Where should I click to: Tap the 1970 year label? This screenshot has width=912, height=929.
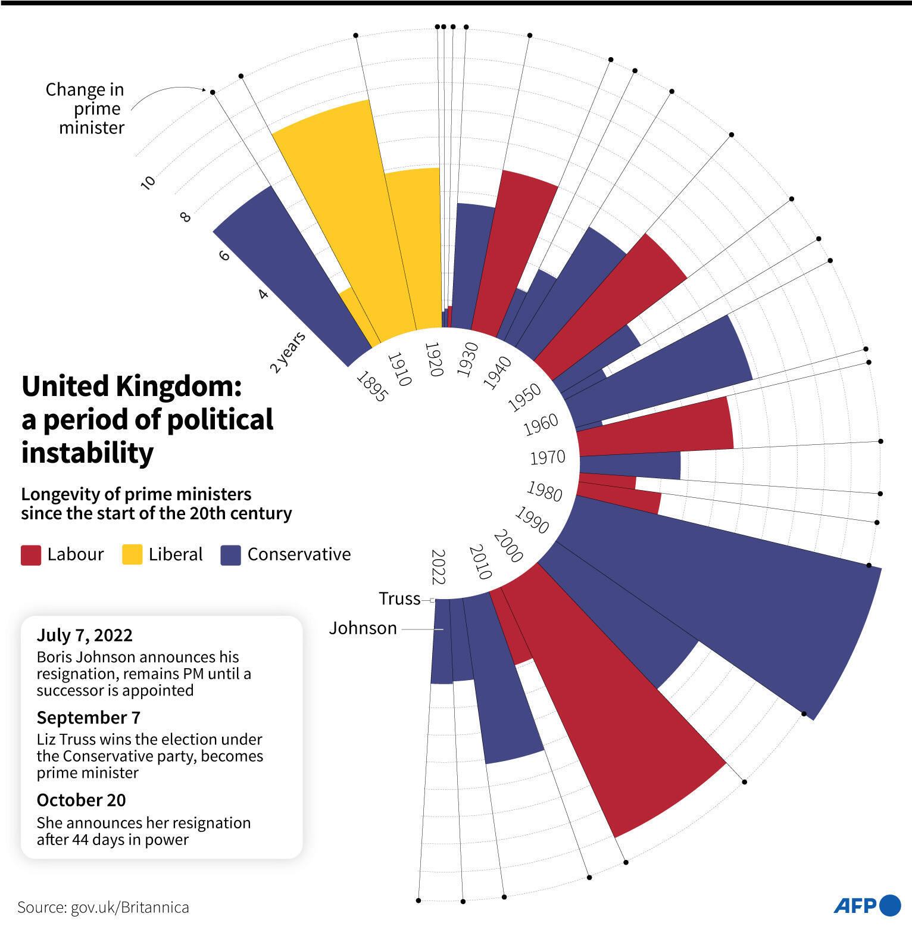[547, 457]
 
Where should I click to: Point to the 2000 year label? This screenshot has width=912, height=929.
[508, 545]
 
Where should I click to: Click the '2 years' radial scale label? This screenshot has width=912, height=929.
[288, 352]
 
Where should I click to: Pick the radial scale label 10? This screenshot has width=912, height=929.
[148, 182]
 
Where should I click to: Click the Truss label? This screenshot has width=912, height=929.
[399, 598]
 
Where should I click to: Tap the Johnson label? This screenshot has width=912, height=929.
[363, 628]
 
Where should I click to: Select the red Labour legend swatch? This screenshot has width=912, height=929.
[31, 554]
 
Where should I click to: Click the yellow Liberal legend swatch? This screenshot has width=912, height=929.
[132, 554]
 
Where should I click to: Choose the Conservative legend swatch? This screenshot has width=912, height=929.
[230, 554]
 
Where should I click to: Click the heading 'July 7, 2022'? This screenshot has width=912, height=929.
[85, 635]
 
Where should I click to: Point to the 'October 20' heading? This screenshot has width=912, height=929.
[81, 800]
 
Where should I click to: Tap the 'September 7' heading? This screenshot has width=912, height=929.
[88, 718]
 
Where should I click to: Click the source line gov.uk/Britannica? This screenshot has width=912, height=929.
[103, 907]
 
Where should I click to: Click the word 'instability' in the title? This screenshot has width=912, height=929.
[88, 453]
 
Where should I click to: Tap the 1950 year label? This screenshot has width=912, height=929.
[524, 397]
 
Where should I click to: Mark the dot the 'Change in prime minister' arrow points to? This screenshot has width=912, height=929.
[212, 92]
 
